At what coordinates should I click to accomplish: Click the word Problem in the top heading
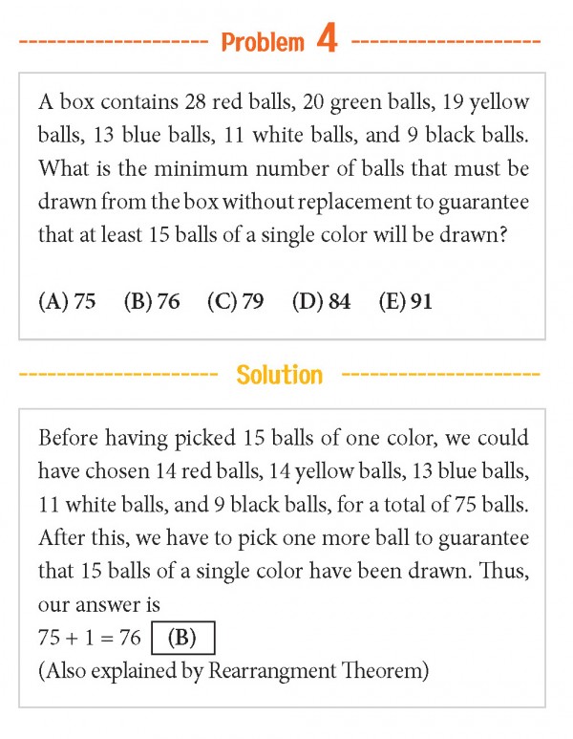[x=263, y=43]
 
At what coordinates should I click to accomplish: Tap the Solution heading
[x=280, y=375]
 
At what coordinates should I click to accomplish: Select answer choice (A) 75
[x=67, y=302]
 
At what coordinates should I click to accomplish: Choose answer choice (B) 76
[x=152, y=302]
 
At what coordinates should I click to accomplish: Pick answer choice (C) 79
[x=235, y=302]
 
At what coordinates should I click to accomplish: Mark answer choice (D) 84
[x=321, y=302]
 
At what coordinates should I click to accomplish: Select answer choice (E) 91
[x=406, y=302]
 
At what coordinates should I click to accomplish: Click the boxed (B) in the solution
[x=184, y=638]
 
